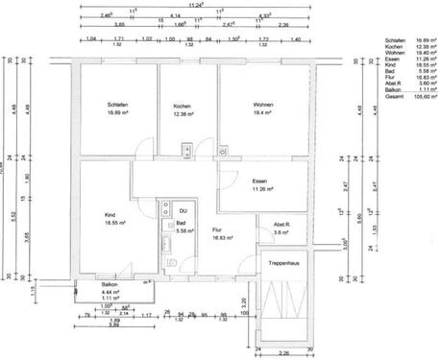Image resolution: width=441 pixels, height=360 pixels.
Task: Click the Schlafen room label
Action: pyautogui.click(x=120, y=106)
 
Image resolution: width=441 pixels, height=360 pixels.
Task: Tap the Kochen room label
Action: pyautogui.click(x=183, y=106)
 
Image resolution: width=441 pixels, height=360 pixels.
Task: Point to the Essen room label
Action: pyautogui.click(x=258, y=181)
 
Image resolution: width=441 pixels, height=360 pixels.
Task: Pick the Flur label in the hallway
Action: pyautogui.click(x=217, y=230)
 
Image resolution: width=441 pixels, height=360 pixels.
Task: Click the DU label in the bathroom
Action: pyautogui.click(x=183, y=209)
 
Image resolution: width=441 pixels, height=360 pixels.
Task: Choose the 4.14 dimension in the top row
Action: pyautogui.click(x=175, y=16)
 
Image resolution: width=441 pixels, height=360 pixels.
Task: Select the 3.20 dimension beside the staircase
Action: pyautogui.click(x=244, y=301)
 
